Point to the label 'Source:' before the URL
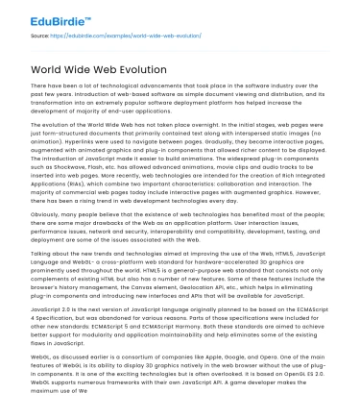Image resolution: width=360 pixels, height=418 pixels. pyautogui.click(x=39, y=36)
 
